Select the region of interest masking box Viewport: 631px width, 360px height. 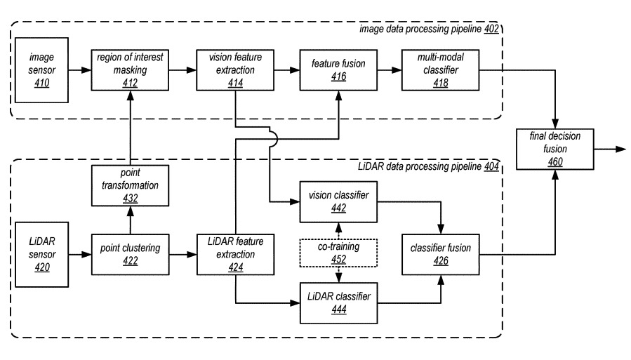(128, 70)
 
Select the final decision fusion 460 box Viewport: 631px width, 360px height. (554, 149)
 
